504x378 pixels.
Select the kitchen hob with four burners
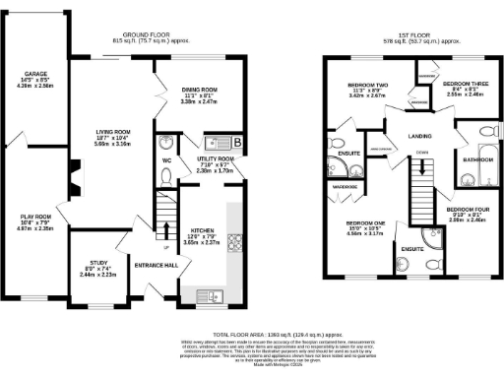(x=235, y=241)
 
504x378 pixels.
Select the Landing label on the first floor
(x=395, y=136)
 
